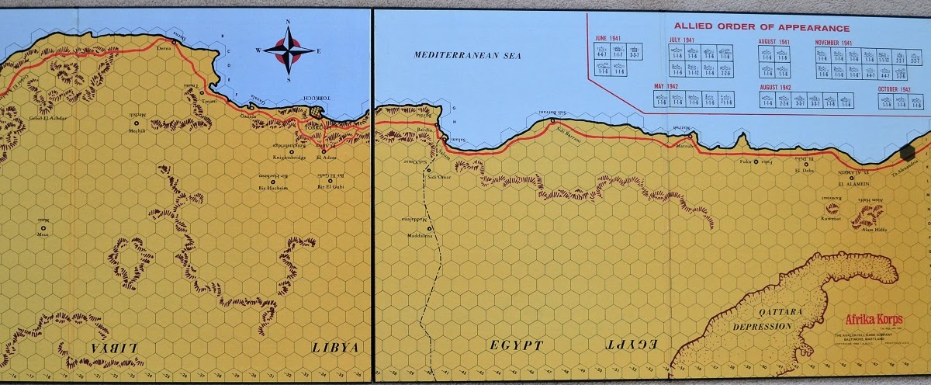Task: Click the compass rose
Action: pyautogui.click(x=288, y=50)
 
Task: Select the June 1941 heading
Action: pyautogui.click(x=610, y=39)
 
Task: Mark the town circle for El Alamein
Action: pyautogui.click(x=857, y=176)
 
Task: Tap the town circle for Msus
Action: pyautogui.click(x=42, y=228)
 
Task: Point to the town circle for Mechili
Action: pyautogui.click(x=137, y=123)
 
